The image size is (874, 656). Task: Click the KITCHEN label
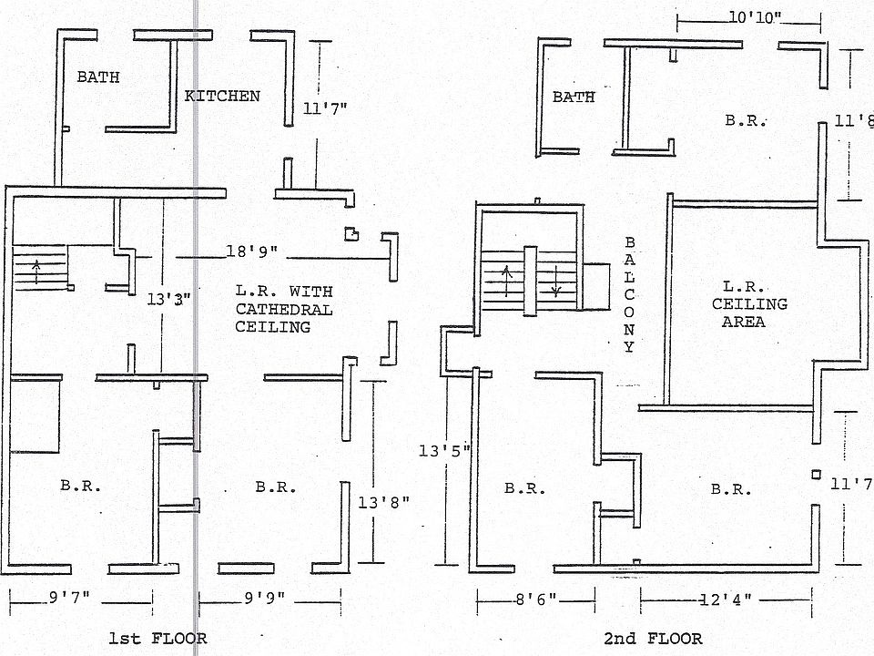223,96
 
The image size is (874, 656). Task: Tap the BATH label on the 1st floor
97,77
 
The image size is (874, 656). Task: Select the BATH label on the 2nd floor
574,97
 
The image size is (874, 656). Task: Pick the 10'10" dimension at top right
755,18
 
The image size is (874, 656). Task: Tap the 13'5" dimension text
443,449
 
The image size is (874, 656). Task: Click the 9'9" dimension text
264,599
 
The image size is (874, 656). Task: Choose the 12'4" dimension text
725,600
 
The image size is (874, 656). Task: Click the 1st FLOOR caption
158,639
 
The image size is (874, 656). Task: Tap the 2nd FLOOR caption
653,639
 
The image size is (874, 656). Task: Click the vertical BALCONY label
629,295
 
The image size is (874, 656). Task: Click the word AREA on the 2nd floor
743,322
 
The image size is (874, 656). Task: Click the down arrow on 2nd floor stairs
555,283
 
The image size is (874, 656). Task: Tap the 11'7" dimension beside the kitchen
324,108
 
